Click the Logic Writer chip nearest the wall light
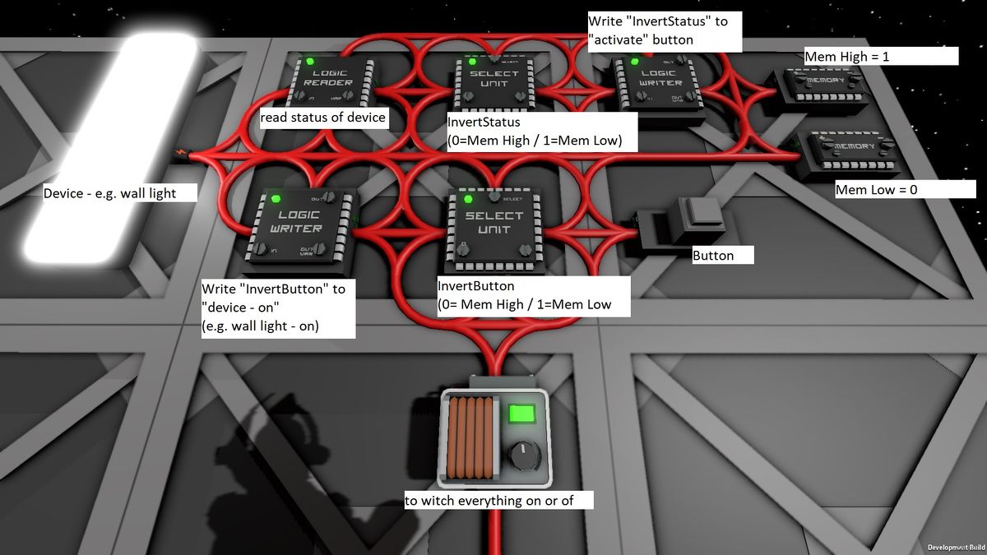(301, 227)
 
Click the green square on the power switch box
(520, 413)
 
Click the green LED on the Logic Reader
(310, 62)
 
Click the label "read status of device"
(323, 118)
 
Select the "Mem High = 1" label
(880, 56)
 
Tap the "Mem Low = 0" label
(893, 190)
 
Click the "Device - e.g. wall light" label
(121, 193)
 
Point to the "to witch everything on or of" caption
(498, 501)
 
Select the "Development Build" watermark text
(955, 548)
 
